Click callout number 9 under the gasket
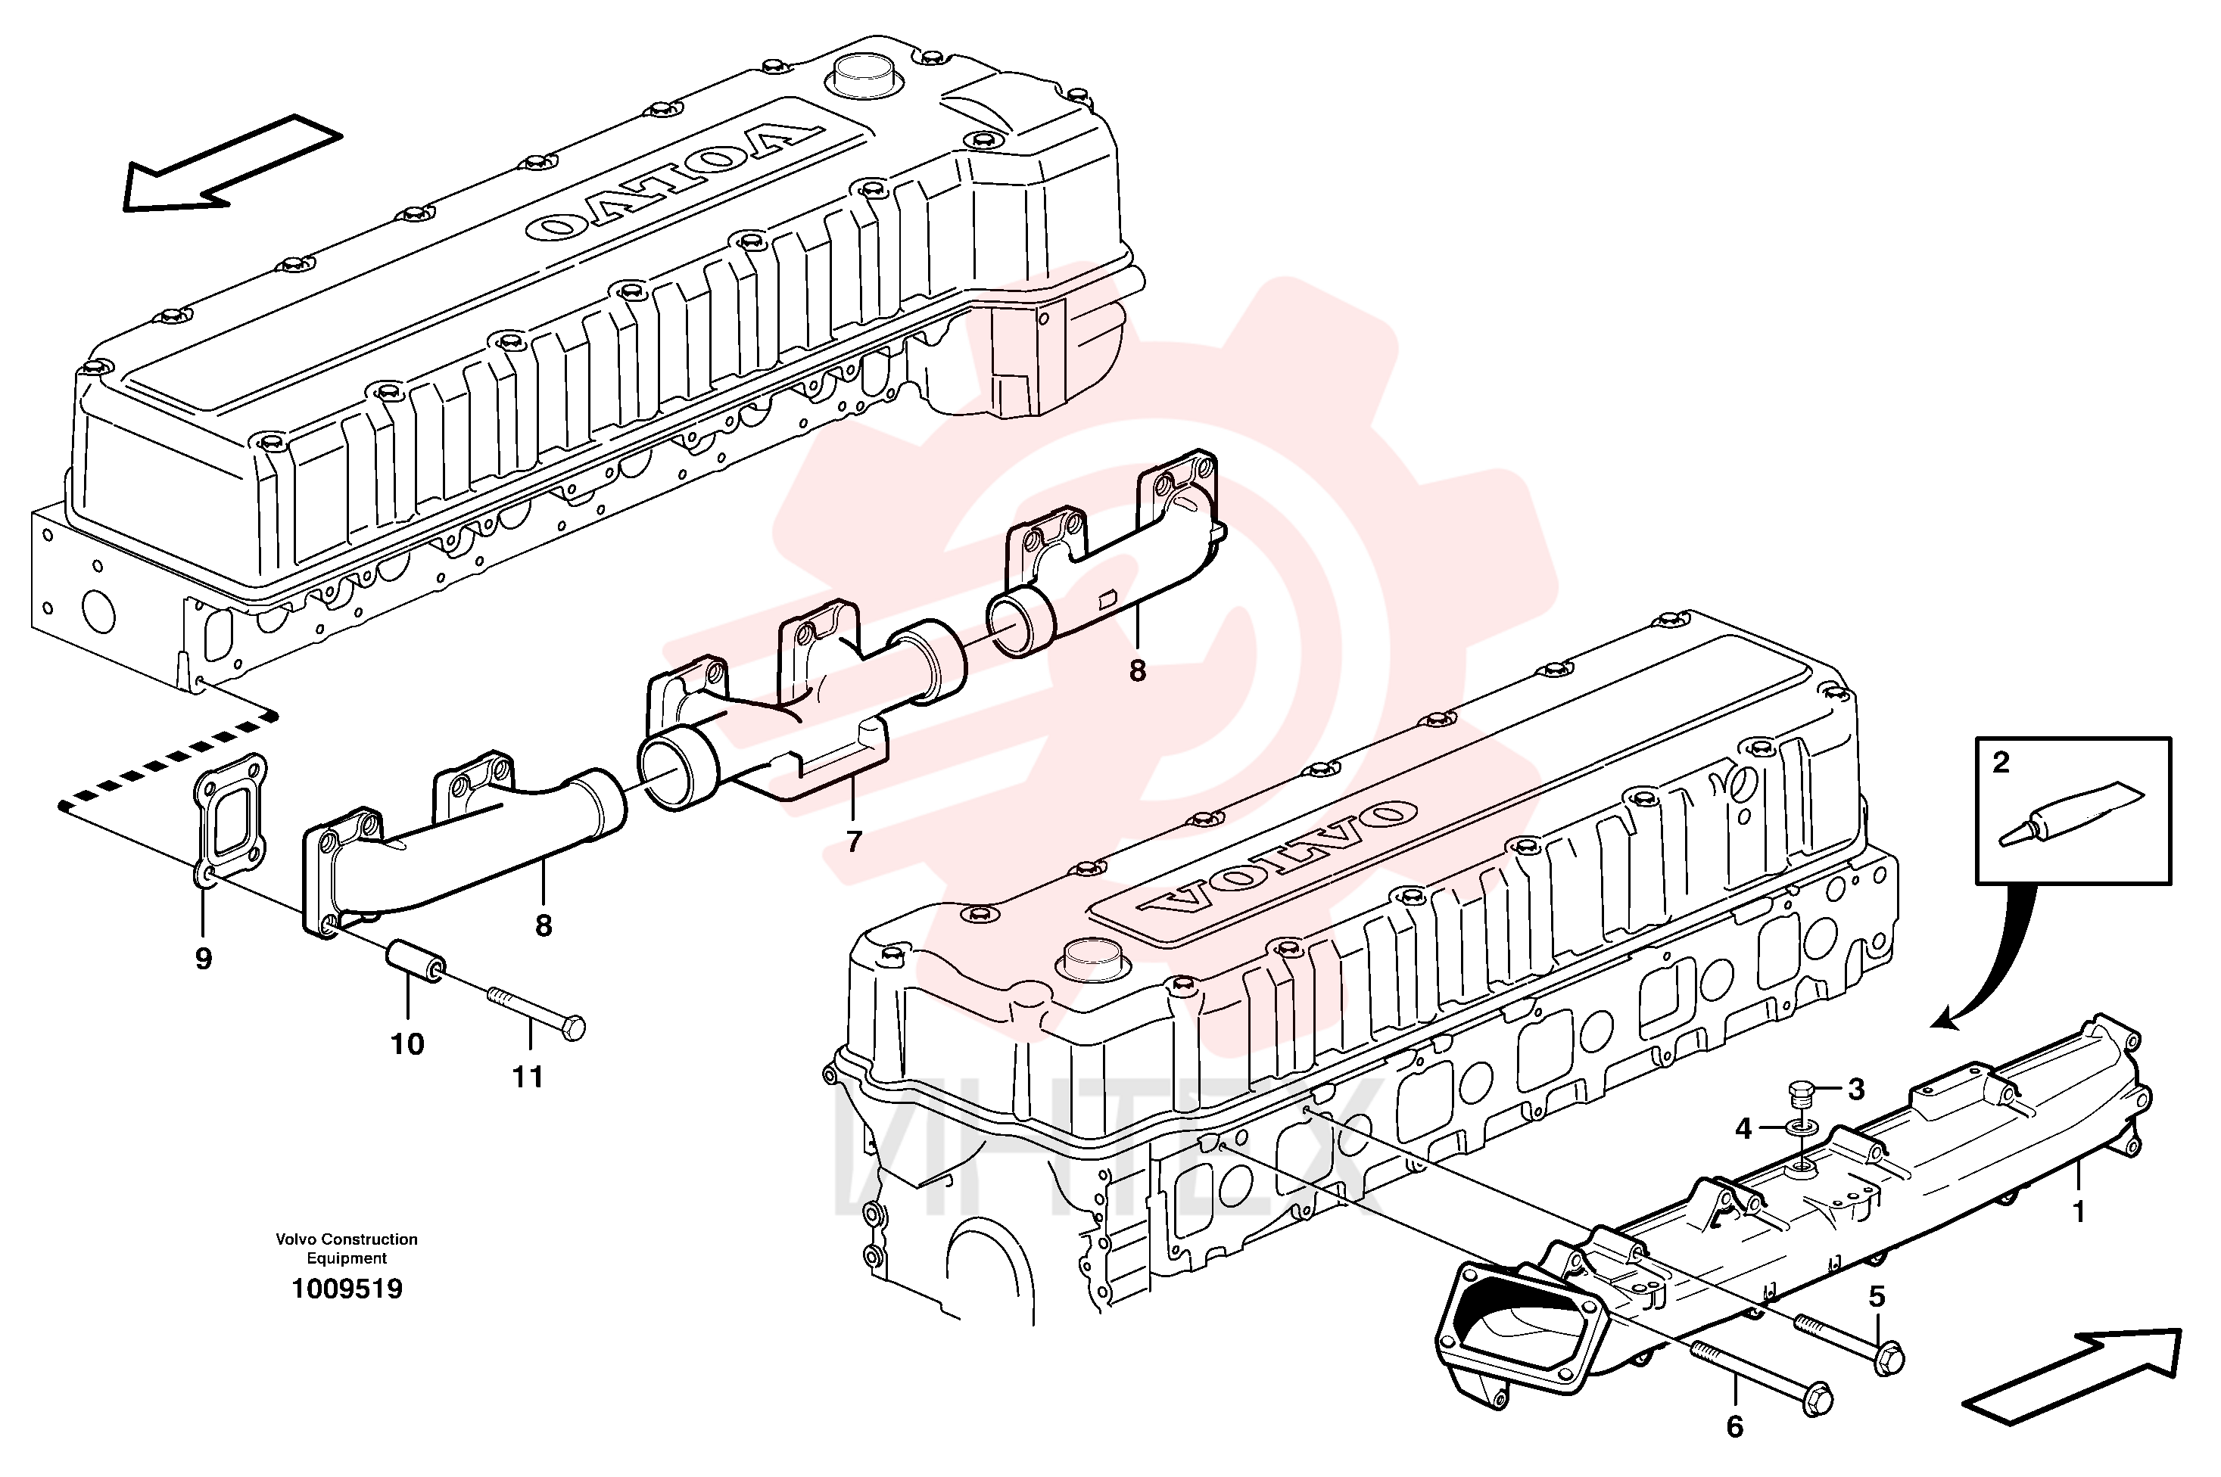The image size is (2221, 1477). [x=204, y=959]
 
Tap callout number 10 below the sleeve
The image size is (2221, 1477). [x=408, y=1043]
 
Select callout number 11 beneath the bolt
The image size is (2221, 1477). [x=528, y=1077]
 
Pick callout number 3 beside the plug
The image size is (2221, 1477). [x=1855, y=1090]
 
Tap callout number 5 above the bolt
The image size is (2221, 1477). [x=1877, y=1297]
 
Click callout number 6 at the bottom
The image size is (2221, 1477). [x=1735, y=1427]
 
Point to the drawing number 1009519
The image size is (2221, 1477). [x=347, y=1289]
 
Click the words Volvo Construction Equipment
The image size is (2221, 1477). [x=347, y=1248]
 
